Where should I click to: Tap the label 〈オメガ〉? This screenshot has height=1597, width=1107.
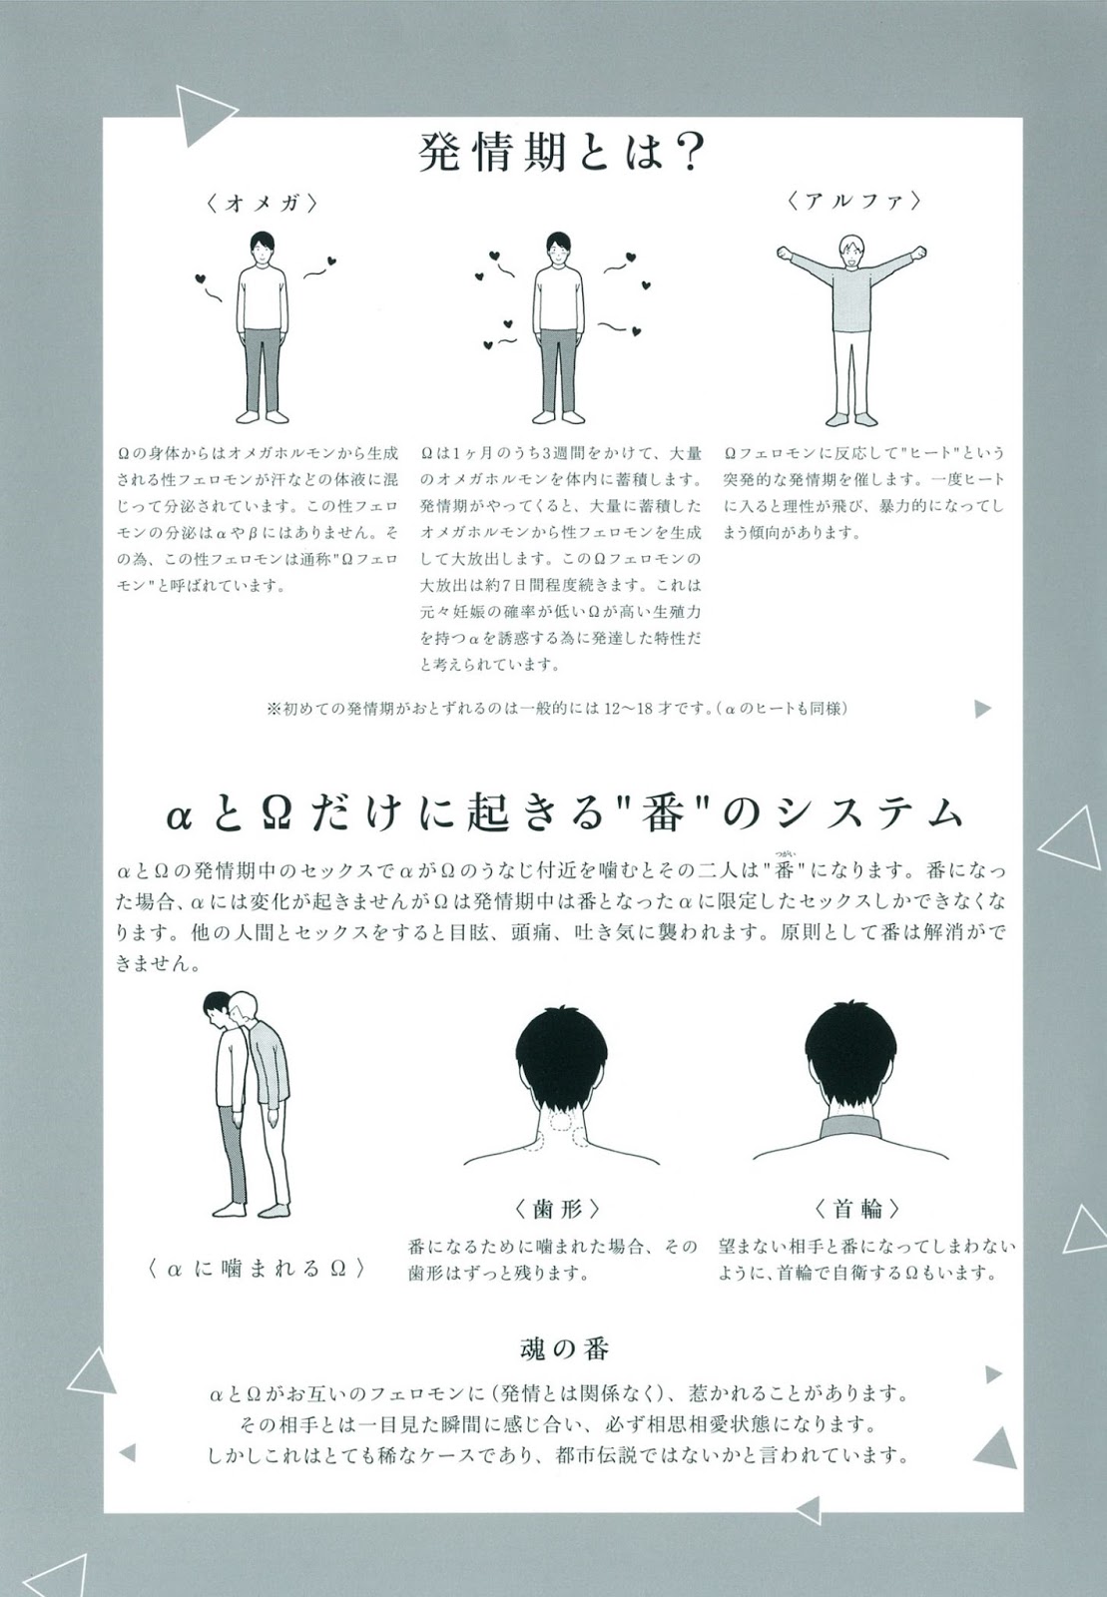click(x=261, y=204)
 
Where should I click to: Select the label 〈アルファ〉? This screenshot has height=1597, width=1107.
click(x=853, y=201)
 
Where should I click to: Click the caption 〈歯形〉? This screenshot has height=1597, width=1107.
click(x=557, y=1208)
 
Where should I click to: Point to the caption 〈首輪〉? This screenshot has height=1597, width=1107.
click(x=856, y=1208)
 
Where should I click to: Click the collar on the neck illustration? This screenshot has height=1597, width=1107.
click(x=850, y=1129)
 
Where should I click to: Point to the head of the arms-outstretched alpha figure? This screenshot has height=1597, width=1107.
click(x=851, y=251)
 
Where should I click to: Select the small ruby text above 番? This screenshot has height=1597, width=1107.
click(x=786, y=852)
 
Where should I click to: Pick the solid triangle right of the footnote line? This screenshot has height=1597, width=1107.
click(x=982, y=709)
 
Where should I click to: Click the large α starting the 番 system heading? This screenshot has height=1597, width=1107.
click(x=180, y=817)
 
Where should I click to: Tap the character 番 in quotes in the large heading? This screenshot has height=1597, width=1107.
click(x=663, y=814)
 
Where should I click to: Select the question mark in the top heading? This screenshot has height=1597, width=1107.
click(x=687, y=152)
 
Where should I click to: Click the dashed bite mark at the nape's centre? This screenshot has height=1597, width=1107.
click(x=561, y=1122)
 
